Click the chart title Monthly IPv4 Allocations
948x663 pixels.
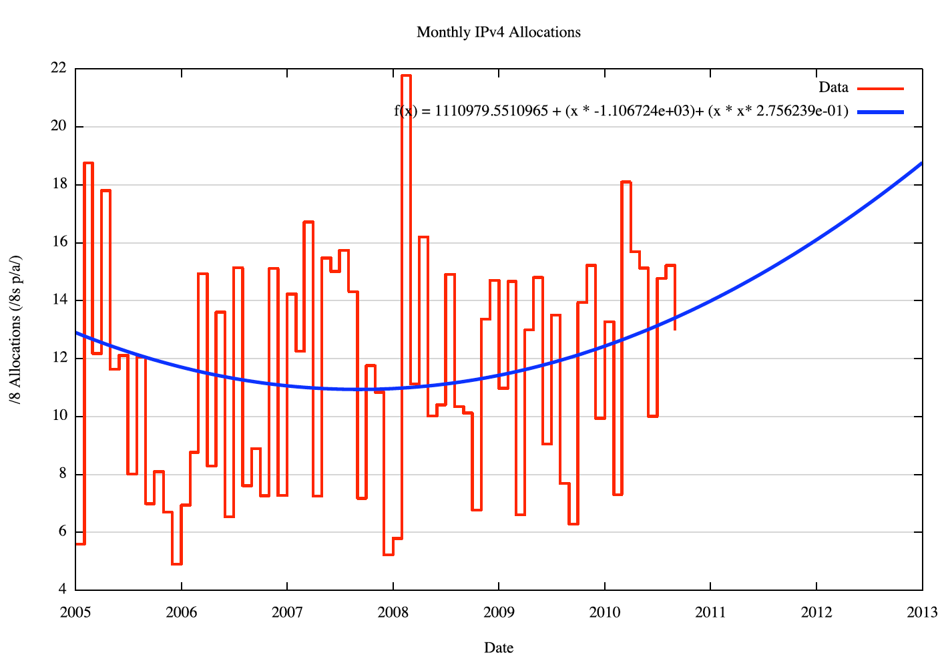pos(498,32)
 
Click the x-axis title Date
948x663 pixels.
pos(498,648)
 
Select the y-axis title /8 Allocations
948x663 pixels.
pos(15,330)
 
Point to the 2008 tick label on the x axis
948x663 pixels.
pos(393,612)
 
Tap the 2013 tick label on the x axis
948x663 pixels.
pos(922,612)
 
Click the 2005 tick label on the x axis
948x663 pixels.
pos(75,612)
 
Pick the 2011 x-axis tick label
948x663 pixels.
pos(710,612)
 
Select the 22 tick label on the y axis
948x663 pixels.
pos(58,68)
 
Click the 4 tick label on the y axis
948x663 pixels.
pos(62,590)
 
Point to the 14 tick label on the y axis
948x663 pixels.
pos(58,300)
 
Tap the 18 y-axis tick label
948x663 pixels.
pos(58,184)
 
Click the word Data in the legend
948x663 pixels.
pos(833,87)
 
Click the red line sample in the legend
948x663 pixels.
pos(880,88)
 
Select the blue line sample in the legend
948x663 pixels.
pos(880,112)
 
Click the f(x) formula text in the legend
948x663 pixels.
pos(621,112)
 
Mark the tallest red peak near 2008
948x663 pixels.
pos(406,76)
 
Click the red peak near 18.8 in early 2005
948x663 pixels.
pos(88,163)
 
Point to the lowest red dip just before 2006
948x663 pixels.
pos(176,564)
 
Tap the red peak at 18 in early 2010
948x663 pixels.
pos(626,182)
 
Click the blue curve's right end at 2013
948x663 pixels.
pos(921,163)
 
